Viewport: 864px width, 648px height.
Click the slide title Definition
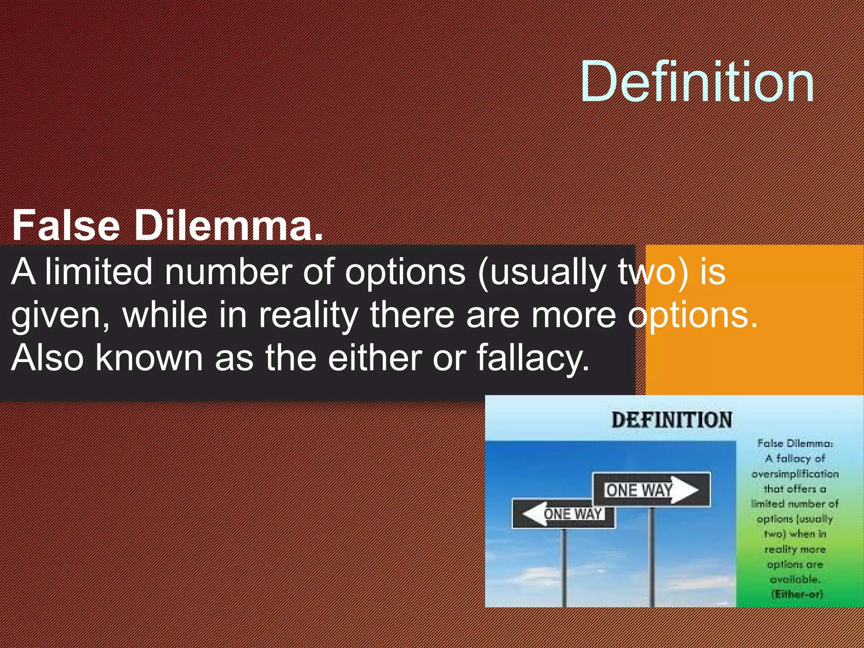[697, 81]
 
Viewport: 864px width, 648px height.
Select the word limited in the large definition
[99, 272]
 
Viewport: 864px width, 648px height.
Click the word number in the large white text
[228, 272]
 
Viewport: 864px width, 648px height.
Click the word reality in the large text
[308, 316]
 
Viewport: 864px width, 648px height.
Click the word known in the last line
[149, 358]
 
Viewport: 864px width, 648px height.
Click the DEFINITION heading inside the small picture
[672, 420]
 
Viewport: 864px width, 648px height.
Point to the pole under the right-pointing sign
[652, 557]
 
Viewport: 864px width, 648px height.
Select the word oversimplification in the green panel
[795, 474]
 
